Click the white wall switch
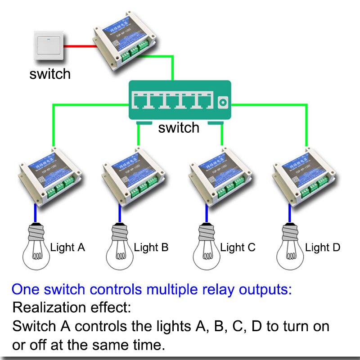click(x=49, y=47)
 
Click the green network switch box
click(x=180, y=100)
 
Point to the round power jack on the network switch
click(x=221, y=102)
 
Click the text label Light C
click(x=238, y=247)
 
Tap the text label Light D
click(x=323, y=247)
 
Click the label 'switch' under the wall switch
click(x=50, y=74)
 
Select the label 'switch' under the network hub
click(x=179, y=128)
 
